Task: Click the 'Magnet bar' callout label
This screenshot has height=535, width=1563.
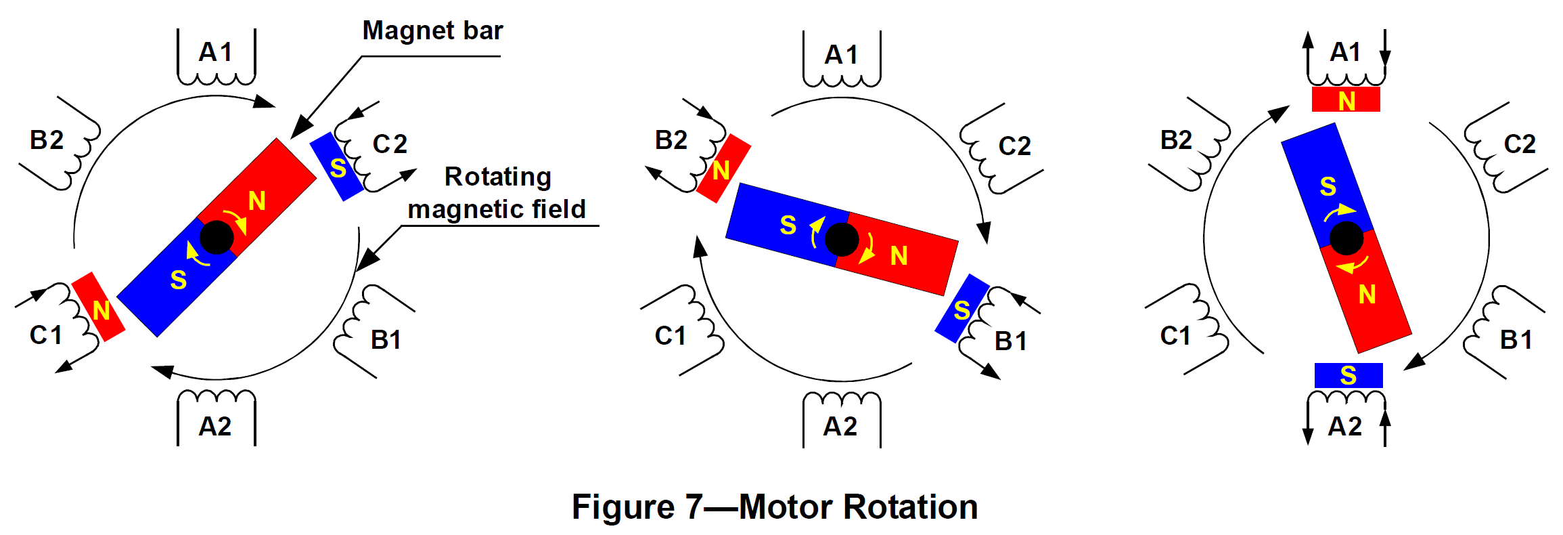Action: pos(432,31)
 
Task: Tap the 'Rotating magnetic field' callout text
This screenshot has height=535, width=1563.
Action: pos(497,193)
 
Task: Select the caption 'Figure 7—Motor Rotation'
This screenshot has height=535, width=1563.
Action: pos(775,507)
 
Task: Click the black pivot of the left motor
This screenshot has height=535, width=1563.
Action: pos(217,237)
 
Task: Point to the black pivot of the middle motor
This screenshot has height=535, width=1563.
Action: pos(842,240)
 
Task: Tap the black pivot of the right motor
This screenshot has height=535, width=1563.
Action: pos(1346,238)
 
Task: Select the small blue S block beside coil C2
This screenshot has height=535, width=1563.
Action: pos(337,167)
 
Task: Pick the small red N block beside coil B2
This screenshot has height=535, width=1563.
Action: pos(723,169)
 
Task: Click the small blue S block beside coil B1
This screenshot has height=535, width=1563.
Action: pos(962,309)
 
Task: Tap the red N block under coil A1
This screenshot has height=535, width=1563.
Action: pos(1346,100)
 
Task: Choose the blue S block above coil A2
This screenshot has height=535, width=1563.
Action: pos(1348,375)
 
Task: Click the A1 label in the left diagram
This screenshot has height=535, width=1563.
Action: pos(216,52)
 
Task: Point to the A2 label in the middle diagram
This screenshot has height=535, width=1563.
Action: pos(840,427)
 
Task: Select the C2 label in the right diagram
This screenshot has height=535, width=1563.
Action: pos(1520,144)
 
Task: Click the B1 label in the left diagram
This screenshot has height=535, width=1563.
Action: pos(386,340)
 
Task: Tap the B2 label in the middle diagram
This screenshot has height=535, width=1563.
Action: pos(671,140)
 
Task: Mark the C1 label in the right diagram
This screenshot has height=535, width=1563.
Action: pos(1175,336)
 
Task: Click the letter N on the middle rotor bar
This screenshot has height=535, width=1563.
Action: pos(899,256)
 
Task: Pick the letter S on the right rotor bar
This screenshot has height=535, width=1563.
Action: pos(1328,186)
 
